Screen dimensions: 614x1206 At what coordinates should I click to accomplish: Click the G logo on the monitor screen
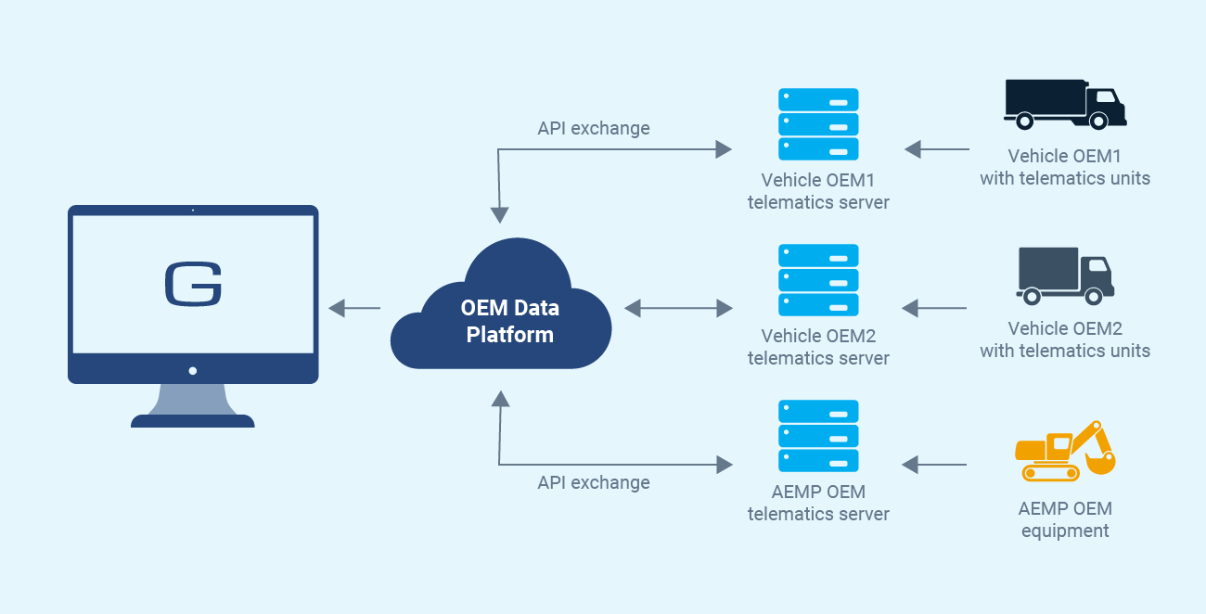point(193,284)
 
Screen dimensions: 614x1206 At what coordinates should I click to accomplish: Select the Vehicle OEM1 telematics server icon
point(818,124)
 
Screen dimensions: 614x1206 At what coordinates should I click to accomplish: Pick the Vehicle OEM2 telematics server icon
point(818,280)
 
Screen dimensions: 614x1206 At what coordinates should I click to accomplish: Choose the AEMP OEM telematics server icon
point(818,436)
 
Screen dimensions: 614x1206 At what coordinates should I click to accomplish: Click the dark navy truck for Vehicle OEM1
point(1064,103)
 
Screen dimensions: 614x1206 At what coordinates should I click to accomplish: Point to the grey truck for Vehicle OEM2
point(1064,275)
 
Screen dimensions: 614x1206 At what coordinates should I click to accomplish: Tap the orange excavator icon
point(1064,451)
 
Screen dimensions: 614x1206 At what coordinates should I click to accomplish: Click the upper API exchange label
point(594,128)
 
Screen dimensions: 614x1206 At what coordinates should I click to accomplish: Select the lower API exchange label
point(594,482)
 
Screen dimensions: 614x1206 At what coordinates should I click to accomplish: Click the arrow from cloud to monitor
point(354,308)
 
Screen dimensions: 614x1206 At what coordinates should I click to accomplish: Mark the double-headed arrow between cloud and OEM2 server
point(678,308)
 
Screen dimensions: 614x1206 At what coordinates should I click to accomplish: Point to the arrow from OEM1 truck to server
point(936,148)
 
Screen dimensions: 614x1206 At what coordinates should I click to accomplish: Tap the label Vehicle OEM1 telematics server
point(818,191)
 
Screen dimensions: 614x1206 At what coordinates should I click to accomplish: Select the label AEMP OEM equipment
point(1064,519)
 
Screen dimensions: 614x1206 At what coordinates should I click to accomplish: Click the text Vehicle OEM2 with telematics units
point(1064,339)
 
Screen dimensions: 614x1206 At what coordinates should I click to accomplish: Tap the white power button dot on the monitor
point(193,371)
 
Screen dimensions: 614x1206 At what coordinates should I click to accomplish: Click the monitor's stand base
point(193,421)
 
